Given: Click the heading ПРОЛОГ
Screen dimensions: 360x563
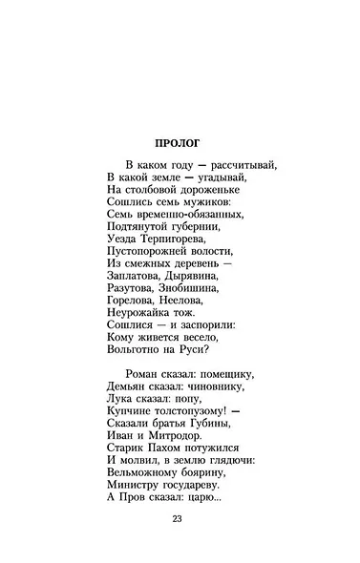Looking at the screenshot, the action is coord(180,144).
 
